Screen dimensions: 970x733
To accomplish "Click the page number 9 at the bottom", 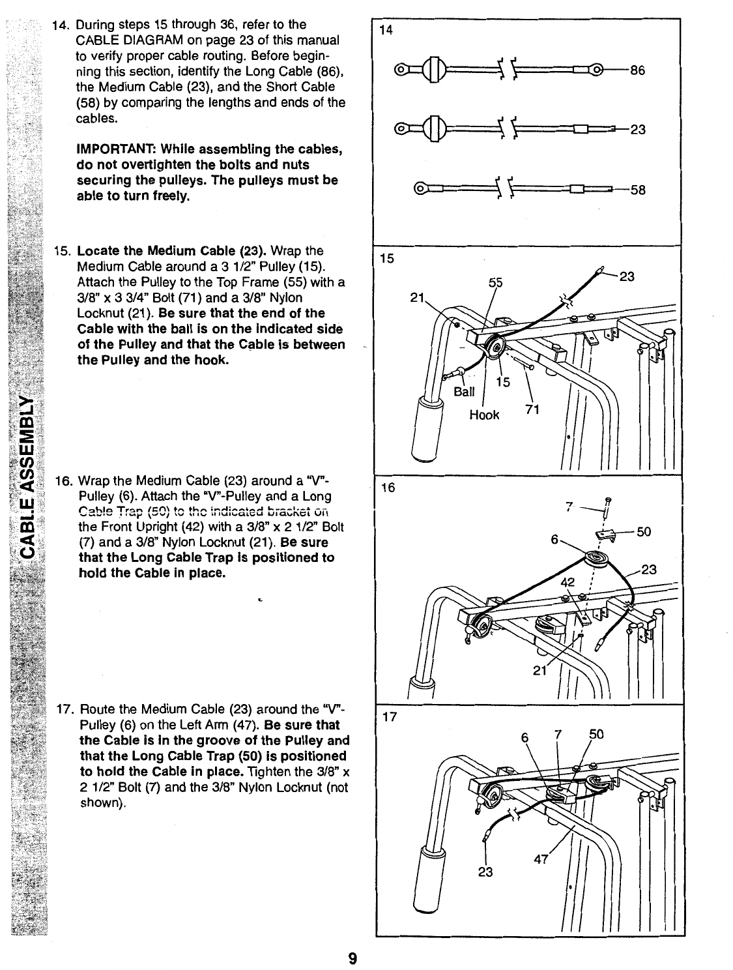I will pos(352,958).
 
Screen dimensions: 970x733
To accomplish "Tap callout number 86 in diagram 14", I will pos(637,72).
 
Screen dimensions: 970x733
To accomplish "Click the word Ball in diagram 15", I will pos(465,392).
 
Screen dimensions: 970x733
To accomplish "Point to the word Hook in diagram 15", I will pos(484,415).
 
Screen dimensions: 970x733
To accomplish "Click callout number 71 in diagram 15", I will pos(533,409).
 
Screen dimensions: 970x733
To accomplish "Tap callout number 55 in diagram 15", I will pos(496,282).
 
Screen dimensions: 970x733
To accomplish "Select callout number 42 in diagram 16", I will pos(569,583).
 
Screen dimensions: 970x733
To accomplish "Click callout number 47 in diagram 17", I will pos(541,858).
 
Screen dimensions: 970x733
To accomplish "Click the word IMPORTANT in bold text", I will pos(114,149).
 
